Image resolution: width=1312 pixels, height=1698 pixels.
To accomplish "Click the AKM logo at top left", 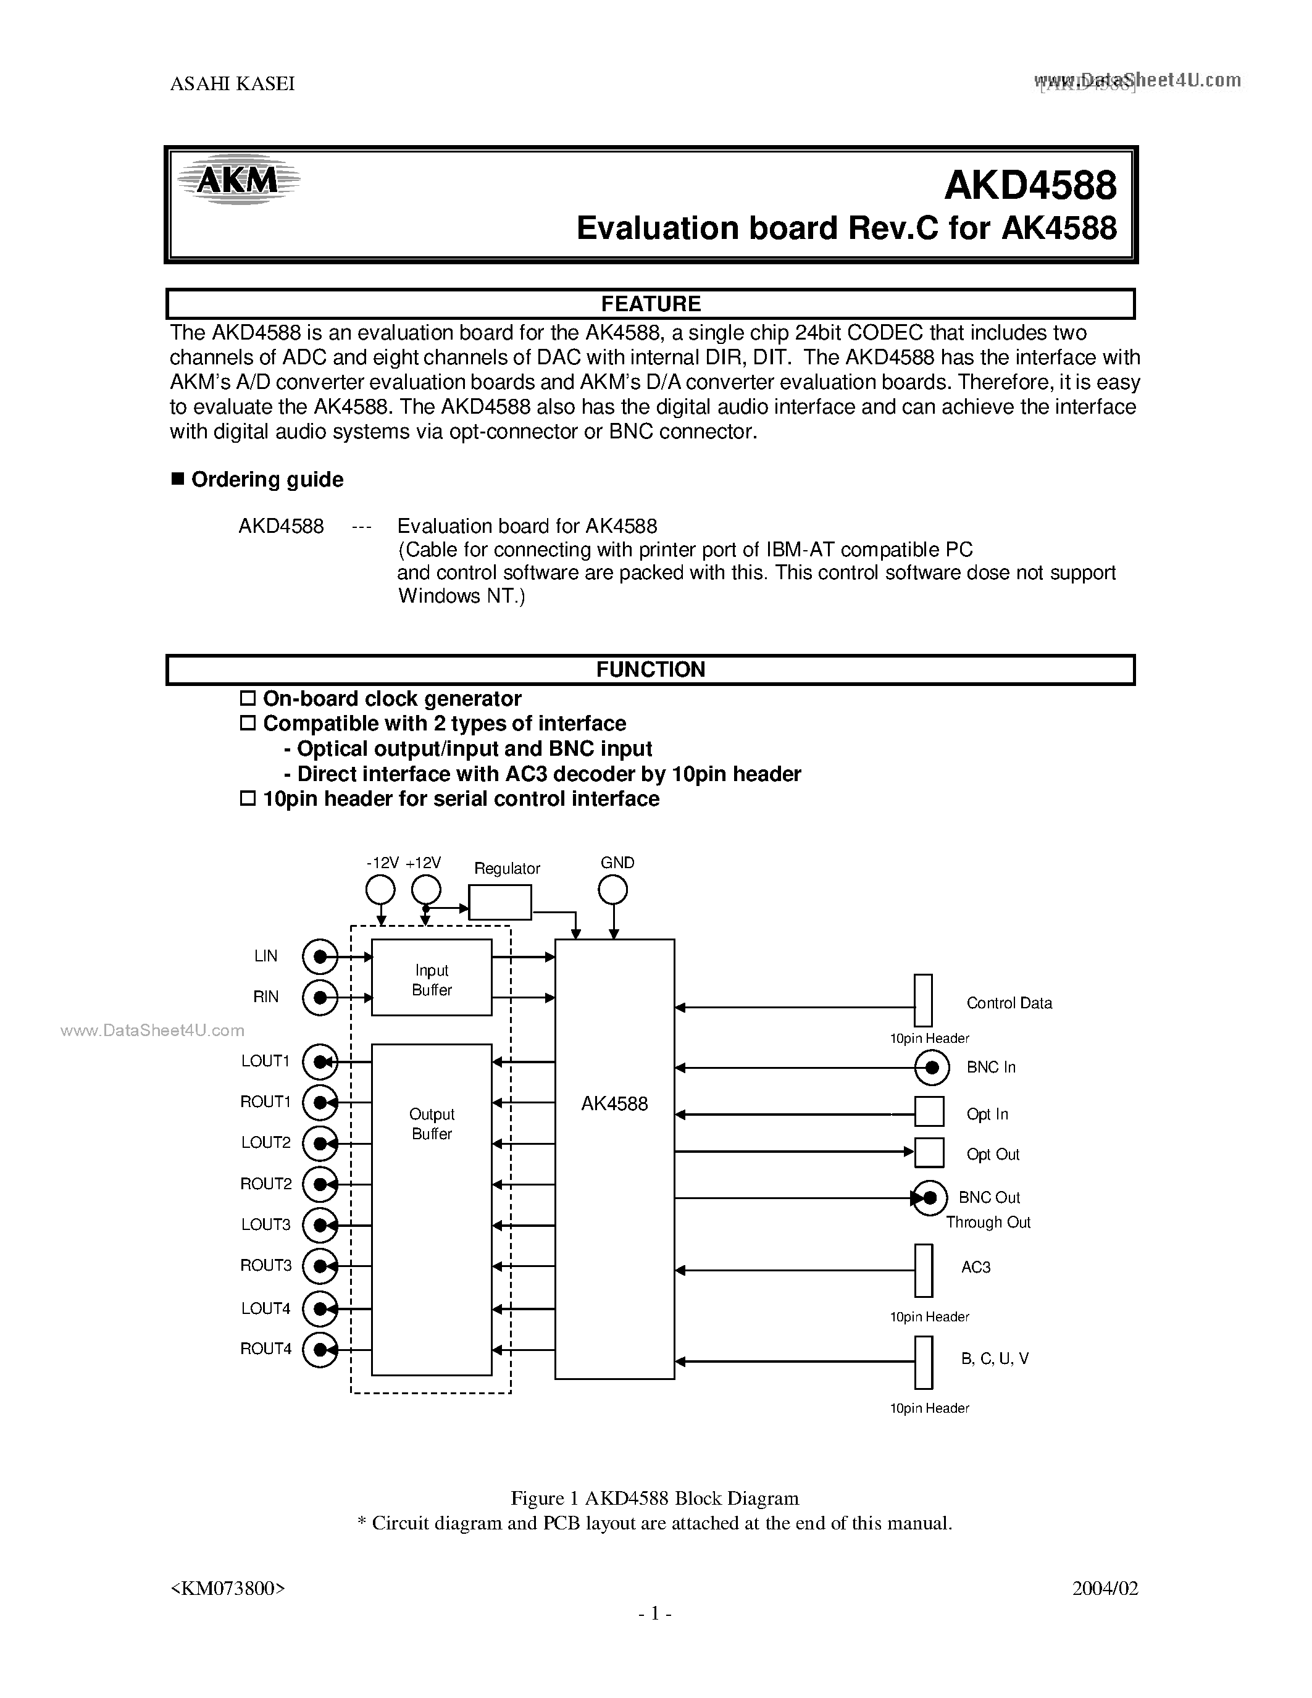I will [237, 180].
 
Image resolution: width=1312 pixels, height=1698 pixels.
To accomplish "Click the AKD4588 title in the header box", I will [1030, 186].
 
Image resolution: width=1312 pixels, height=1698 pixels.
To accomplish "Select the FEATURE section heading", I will [651, 304].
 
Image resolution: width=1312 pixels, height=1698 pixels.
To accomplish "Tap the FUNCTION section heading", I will [651, 669].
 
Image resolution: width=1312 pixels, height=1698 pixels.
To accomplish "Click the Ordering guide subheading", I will [267, 480].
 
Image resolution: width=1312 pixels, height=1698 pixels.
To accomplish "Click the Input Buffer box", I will [432, 977].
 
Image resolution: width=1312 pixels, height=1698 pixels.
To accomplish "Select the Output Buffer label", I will [432, 1123].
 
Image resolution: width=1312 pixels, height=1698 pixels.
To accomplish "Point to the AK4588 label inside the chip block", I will [614, 1104].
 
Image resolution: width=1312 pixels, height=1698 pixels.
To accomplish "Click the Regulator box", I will [501, 903].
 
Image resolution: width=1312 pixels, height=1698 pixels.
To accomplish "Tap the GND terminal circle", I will [613, 889].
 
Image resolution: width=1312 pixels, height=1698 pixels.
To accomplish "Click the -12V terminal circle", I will [380, 889].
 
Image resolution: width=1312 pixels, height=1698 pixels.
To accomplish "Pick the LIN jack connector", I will [319, 956].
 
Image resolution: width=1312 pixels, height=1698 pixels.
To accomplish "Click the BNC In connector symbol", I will [931, 1068].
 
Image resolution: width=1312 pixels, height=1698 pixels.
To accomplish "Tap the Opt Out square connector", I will [929, 1153].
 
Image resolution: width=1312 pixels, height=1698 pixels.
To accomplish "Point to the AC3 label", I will [976, 1267].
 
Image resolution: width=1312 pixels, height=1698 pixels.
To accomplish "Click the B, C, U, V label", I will [994, 1358].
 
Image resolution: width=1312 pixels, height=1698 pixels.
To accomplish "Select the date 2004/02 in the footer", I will [1105, 1588].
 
